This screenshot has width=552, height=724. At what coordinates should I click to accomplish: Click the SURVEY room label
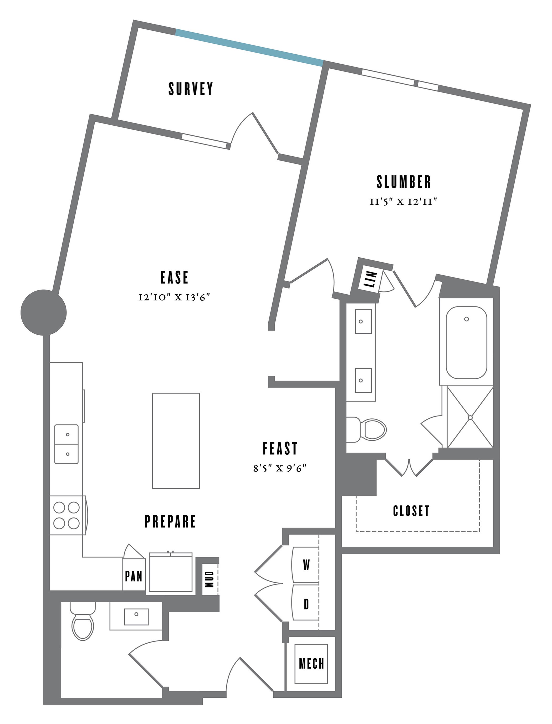point(191,89)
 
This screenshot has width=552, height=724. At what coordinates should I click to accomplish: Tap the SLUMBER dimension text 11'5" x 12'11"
point(403,201)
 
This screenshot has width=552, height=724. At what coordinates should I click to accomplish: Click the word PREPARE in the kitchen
point(170,521)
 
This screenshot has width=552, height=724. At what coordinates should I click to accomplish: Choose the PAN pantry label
point(134,576)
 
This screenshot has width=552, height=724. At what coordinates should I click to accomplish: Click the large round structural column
point(44,312)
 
